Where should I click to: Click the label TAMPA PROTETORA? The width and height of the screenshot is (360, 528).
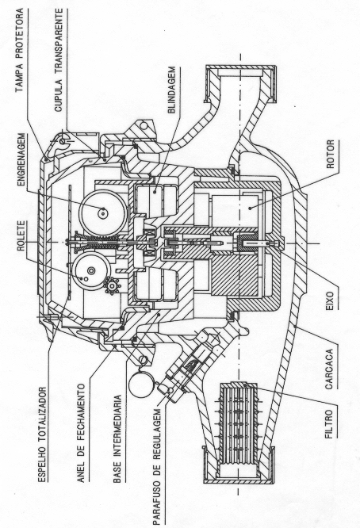coord(20,51)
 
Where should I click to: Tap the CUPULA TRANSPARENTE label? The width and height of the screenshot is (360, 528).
coord(59,60)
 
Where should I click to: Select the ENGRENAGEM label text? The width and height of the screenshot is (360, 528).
coord(21,160)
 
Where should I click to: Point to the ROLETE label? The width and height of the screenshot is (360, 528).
coord(21,235)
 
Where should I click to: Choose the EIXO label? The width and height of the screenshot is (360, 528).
coord(330,298)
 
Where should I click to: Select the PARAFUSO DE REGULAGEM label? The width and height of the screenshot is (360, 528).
coord(157,466)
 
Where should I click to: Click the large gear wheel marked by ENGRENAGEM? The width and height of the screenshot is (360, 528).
coord(102,212)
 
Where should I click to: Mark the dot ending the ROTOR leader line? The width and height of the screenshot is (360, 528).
coord(250,208)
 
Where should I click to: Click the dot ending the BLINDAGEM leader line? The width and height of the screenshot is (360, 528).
coord(155,192)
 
